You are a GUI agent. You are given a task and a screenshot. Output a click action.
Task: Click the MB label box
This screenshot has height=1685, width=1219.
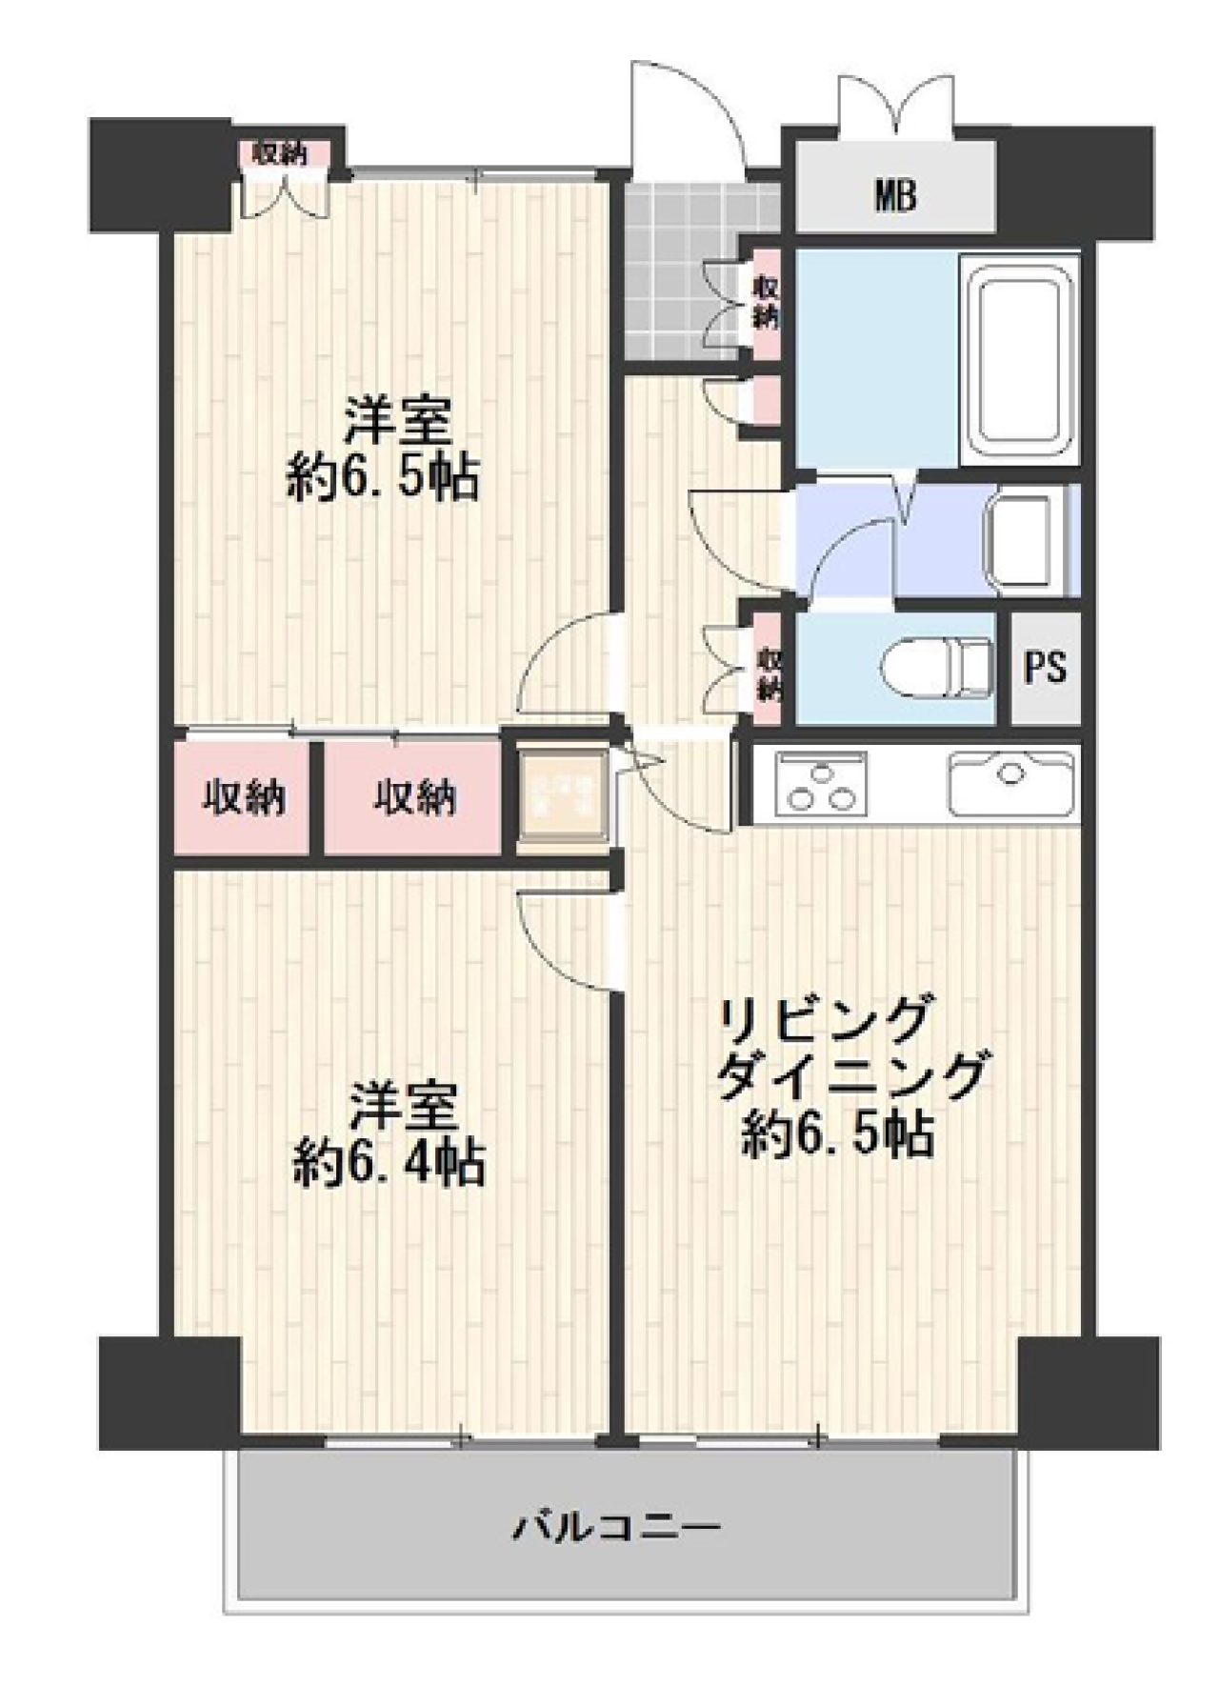pos(895,195)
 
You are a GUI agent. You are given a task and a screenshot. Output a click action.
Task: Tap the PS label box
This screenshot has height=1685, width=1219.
pos(1045,668)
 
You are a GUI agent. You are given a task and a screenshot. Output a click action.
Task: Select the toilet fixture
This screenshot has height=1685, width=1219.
pos(936,667)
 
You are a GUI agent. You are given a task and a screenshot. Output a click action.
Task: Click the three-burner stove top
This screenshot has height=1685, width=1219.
pos(821,784)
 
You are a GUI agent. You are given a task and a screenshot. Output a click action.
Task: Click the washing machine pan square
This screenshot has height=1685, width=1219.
pos(562,795)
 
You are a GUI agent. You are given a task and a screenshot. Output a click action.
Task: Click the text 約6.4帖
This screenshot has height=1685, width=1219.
pos(389,1162)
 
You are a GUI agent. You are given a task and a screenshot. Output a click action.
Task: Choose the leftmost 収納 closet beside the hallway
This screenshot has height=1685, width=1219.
pos(243,797)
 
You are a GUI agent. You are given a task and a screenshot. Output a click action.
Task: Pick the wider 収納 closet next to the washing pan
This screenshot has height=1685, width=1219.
pos(413,797)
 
